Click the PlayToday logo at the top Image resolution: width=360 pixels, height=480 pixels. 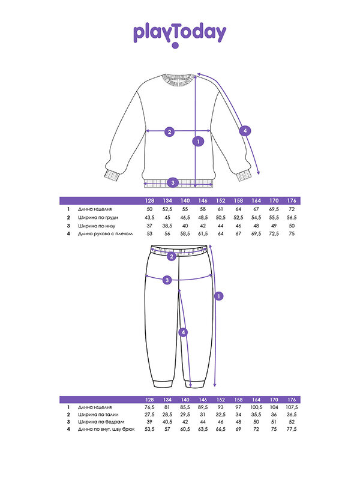point(179,34)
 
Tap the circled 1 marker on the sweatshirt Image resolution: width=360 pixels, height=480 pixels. point(197,142)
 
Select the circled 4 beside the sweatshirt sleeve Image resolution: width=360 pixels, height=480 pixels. point(244,130)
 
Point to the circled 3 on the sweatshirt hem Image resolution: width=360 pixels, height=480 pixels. point(172,182)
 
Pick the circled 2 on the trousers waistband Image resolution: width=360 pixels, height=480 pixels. point(172,256)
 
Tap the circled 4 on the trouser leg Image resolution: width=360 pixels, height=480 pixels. point(183,331)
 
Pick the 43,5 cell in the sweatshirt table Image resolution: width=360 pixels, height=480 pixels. point(150,217)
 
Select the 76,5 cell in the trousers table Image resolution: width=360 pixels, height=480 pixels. point(150,407)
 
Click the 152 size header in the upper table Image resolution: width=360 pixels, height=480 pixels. point(221,200)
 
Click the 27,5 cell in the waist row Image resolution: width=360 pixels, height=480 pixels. point(150,415)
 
